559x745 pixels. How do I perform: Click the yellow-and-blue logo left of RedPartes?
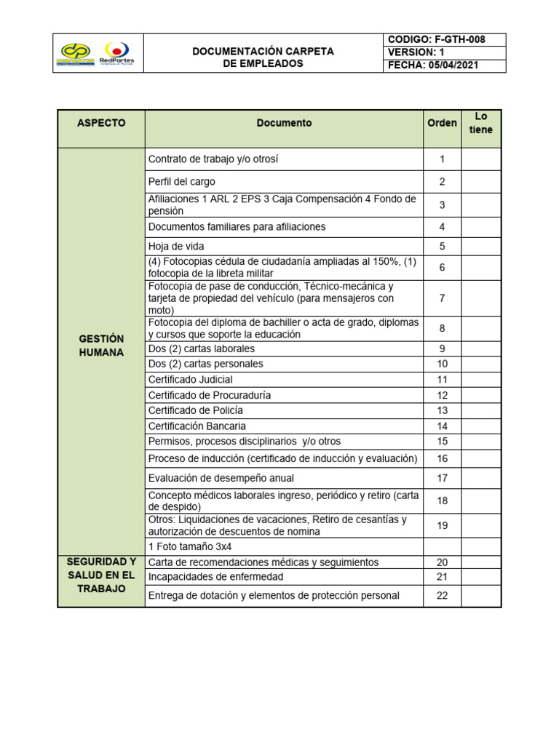[76, 53]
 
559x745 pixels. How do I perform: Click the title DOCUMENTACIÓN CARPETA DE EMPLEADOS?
[263, 57]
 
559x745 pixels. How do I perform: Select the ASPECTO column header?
[101, 123]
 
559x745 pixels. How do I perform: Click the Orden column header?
[442, 123]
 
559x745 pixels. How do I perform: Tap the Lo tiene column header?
[480, 123]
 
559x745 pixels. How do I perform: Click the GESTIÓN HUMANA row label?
[101, 346]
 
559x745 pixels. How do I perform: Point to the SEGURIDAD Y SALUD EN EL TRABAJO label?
[101, 575]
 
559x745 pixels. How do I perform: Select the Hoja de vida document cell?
[284, 247]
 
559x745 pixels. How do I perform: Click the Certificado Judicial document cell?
[284, 379]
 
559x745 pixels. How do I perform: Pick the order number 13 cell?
[442, 410]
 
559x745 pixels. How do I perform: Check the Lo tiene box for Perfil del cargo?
[480, 182]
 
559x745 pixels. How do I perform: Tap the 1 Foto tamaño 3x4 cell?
[284, 546]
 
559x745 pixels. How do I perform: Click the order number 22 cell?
[442, 595]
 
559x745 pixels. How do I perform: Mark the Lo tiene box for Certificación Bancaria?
[480, 426]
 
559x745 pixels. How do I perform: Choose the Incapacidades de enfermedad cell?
[284, 577]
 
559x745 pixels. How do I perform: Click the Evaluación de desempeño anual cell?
[284, 478]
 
